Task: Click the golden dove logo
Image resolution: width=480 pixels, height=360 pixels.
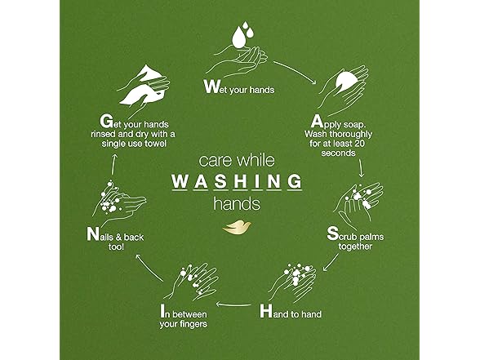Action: point(237,228)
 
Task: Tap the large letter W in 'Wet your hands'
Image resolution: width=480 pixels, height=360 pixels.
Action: point(211,87)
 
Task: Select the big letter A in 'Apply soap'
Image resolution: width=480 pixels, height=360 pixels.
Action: point(317,121)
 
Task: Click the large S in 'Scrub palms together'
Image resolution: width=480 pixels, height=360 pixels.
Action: point(332,233)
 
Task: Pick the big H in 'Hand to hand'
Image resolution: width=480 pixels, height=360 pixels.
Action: point(266,311)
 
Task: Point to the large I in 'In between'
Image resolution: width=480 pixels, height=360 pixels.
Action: point(162,311)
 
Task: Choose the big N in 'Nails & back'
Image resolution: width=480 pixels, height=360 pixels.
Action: point(92,233)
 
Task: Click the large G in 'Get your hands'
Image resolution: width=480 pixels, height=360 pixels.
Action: point(106,121)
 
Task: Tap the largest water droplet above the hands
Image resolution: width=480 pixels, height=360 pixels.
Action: point(239,38)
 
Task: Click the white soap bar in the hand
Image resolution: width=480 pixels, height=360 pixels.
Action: point(346,80)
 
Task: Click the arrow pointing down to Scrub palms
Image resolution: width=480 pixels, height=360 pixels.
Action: point(361,168)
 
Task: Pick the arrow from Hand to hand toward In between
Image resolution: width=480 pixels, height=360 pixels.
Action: point(233,304)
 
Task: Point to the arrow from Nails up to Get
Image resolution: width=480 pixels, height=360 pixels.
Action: point(113,164)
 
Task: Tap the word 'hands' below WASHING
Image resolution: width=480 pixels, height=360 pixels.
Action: point(237,203)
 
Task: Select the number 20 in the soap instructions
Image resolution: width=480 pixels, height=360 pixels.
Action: point(359,144)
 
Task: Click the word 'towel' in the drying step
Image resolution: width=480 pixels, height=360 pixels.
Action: point(155,144)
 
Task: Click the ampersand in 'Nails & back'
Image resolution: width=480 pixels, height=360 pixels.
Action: point(118,238)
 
